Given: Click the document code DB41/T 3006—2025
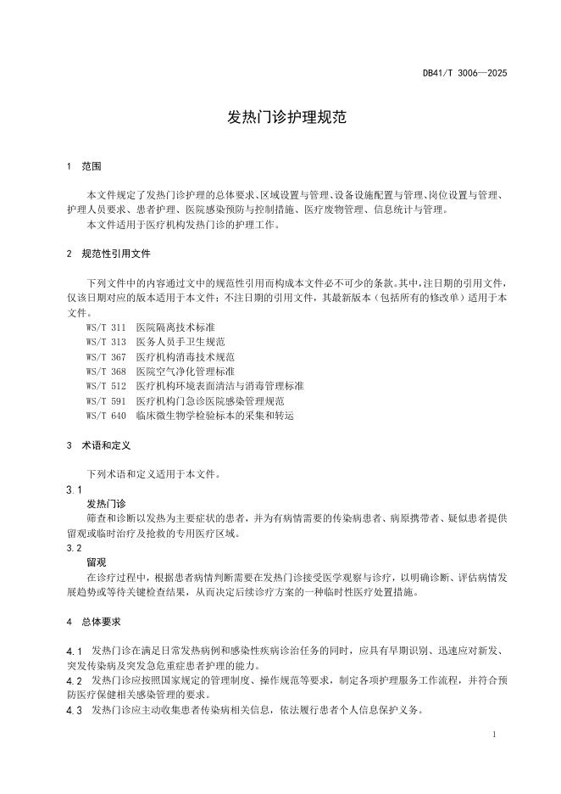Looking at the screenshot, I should (x=464, y=74).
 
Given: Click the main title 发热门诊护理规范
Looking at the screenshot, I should (x=280, y=118).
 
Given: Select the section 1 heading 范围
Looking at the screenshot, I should (x=92, y=166).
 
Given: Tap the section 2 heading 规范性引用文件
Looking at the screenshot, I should (x=116, y=254).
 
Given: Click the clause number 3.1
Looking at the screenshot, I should (x=73, y=490).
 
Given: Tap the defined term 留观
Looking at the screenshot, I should (x=97, y=562).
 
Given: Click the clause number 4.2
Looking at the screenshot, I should (x=74, y=680).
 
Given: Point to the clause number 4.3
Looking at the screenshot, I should (x=74, y=710).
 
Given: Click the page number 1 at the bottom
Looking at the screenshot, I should (x=493, y=734).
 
